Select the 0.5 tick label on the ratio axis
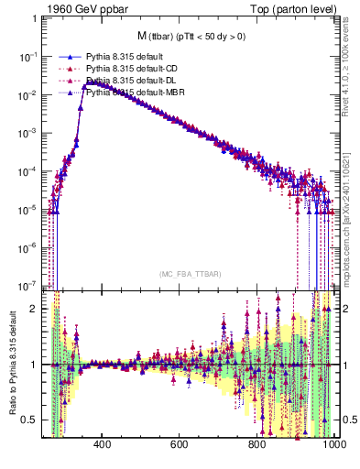(x=30, y=420)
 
